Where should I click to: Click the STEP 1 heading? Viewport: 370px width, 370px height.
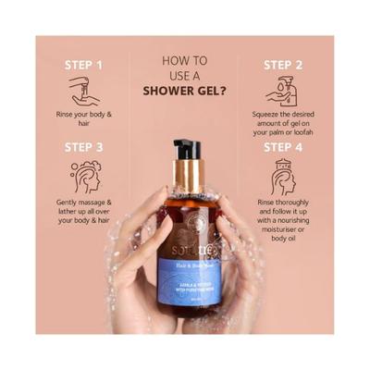84,65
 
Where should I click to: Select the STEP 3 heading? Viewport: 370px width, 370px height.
84,146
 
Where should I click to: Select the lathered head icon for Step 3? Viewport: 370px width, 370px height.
84,176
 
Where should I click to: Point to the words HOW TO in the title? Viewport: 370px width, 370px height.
185,61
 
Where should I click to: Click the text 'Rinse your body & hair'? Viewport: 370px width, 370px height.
84,119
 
